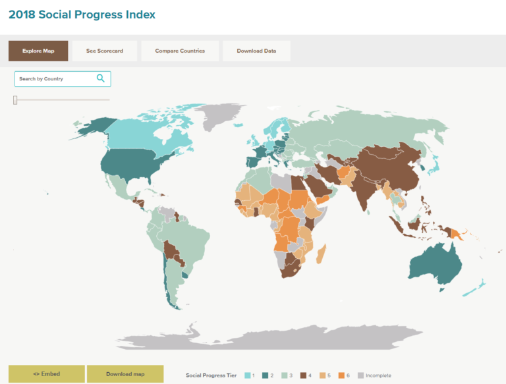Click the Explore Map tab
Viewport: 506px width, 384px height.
click(38, 51)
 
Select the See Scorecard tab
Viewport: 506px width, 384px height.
click(104, 51)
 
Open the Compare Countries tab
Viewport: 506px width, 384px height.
click(180, 51)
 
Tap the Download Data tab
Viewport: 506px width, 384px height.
click(256, 51)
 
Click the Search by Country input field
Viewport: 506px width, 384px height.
click(56, 79)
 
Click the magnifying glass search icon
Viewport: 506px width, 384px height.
click(101, 78)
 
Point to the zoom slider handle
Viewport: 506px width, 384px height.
click(15, 99)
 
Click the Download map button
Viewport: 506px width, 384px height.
click(125, 374)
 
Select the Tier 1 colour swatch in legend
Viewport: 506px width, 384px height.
click(248, 375)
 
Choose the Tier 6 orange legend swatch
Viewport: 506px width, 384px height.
click(342, 375)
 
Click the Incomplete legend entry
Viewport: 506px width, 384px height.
click(375, 375)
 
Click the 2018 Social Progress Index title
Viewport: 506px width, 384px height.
click(82, 14)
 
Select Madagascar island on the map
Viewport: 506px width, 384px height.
click(322, 254)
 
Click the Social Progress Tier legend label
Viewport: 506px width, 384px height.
click(211, 375)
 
